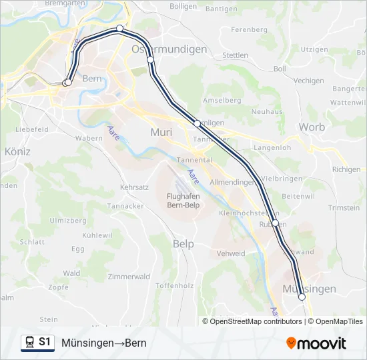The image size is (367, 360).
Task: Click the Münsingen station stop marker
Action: pyautogui.click(x=302, y=297)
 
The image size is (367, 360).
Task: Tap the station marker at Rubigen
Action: pyautogui.click(x=275, y=223)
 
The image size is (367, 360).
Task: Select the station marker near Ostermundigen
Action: pyautogui.click(x=151, y=60)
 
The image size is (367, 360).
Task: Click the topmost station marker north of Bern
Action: pyautogui.click(x=119, y=28)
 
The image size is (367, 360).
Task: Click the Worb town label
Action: pyautogui.click(x=312, y=127)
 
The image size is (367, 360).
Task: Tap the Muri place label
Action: pyautogui.click(x=161, y=132)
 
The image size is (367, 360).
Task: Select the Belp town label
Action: pyautogui.click(x=183, y=244)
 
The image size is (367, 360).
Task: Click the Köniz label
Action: pyautogui.click(x=17, y=152)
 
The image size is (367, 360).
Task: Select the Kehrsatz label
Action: pyautogui.click(x=134, y=188)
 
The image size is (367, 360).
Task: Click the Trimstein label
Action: pyautogui.click(x=344, y=208)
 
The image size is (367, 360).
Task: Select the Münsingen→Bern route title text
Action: pyautogui.click(x=103, y=343)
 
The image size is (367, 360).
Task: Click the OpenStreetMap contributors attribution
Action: pyautogui.click(x=256, y=321)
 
